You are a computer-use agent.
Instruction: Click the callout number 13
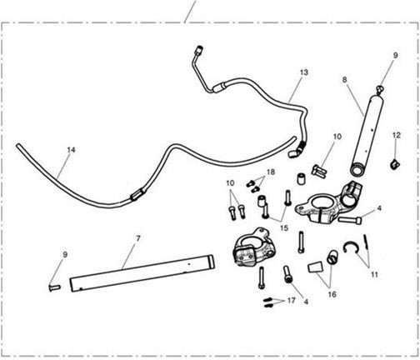coord(304,72)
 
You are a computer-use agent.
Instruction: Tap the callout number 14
coord(71,150)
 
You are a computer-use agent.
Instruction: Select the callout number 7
coord(138,238)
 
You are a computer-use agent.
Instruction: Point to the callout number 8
coord(344,80)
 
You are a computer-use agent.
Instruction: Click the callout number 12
coord(397,135)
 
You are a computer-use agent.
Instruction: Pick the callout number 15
coord(284,228)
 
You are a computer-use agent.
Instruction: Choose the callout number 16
coord(332,294)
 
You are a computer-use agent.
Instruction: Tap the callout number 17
coord(291,300)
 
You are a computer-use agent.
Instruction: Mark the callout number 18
coord(271,172)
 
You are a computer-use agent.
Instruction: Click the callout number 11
coord(374,275)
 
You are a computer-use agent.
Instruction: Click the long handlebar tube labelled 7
coord(142,273)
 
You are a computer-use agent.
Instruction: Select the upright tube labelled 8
coord(364,135)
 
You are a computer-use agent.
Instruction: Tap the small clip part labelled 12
coord(395,164)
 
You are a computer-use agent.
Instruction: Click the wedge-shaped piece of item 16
coord(316,267)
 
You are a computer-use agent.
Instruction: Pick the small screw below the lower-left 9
coord(55,287)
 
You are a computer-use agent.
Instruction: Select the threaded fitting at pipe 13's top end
coord(199,50)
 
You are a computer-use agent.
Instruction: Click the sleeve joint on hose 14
coord(137,194)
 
